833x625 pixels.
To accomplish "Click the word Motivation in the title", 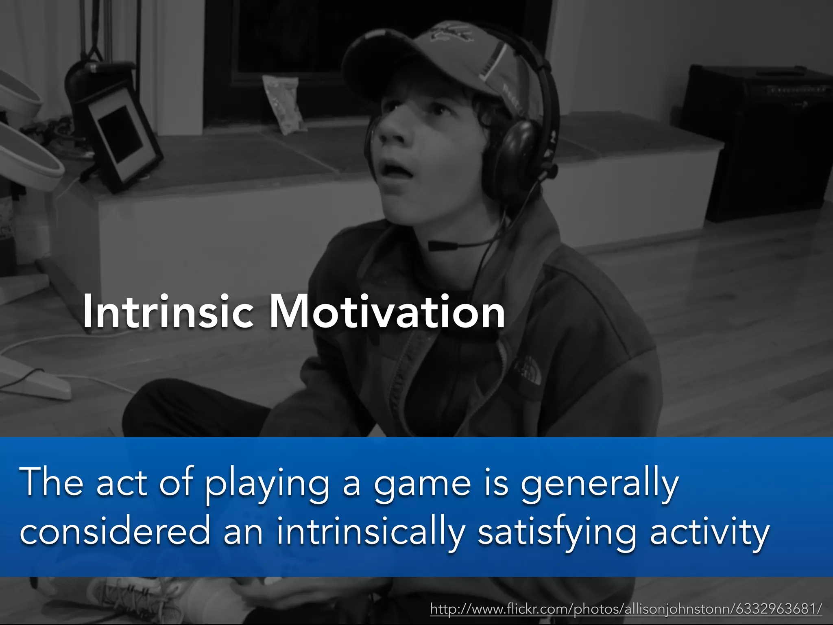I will tap(387, 312).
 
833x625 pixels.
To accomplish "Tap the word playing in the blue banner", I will tap(267, 484).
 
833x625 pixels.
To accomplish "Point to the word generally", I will tap(600, 484).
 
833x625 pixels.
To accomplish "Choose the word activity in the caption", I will tap(709, 531).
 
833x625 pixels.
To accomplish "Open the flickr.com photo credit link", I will tap(626, 609).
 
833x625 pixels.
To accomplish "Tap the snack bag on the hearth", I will tap(283, 104).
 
